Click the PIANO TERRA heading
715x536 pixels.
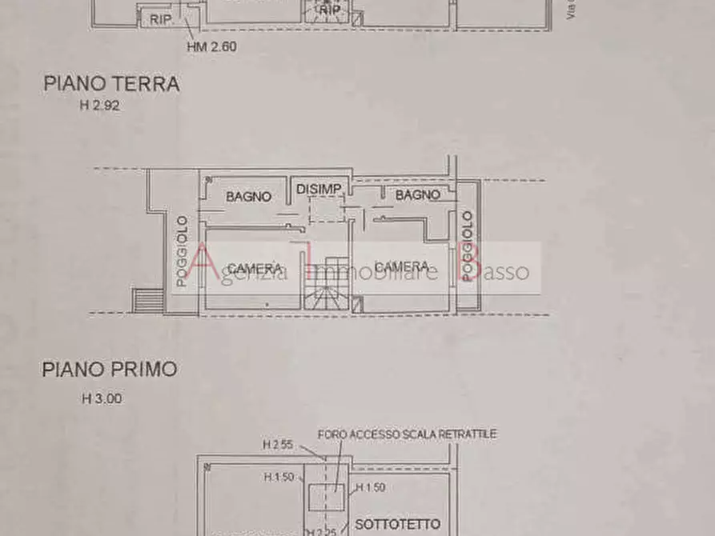coord(111,84)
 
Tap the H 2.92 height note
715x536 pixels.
coord(100,105)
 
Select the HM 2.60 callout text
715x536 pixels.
coord(211,46)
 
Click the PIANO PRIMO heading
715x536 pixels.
coord(110,370)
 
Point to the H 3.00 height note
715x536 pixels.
coord(102,398)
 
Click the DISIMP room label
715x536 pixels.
coord(319,189)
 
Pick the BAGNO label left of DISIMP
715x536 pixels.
coord(248,196)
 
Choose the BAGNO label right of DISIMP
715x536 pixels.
coord(418,194)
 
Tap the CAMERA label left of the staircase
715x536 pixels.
coord(255,268)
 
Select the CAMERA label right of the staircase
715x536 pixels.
coord(402,266)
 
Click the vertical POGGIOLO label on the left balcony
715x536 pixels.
coord(183,251)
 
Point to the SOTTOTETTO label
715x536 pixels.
coord(397,525)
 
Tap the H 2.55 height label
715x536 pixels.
coord(277,444)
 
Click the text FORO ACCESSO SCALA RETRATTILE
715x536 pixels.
coord(408,434)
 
